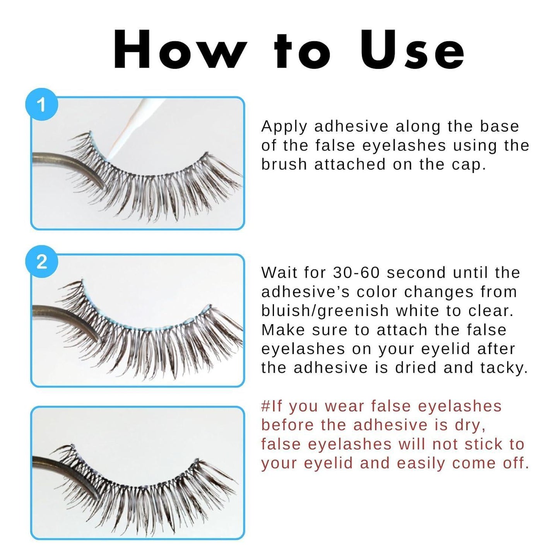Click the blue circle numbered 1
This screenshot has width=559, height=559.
41,104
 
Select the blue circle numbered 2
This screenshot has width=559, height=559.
41,262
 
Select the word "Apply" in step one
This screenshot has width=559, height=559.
284,127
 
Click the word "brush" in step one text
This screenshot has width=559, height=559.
284,164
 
